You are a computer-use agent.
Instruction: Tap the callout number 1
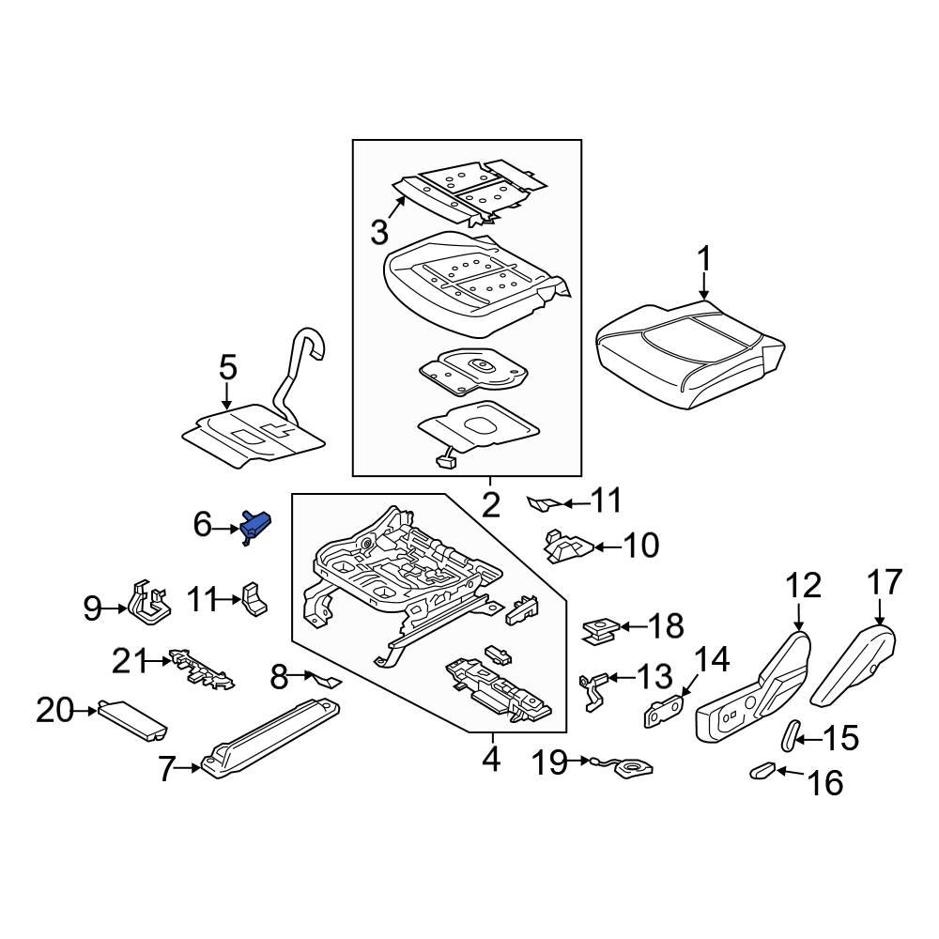(x=705, y=260)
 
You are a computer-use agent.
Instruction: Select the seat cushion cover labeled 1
(x=690, y=355)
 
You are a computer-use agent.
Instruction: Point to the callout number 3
(x=379, y=232)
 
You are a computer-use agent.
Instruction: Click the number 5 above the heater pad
(x=228, y=367)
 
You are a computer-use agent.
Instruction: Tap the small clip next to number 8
(x=324, y=679)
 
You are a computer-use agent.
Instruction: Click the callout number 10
(x=640, y=545)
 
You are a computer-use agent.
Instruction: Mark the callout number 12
(x=803, y=586)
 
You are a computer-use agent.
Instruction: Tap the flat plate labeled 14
(x=664, y=712)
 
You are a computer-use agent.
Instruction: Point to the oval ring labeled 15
(x=791, y=735)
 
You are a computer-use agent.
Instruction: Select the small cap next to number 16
(x=762, y=771)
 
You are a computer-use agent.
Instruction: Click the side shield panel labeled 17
(x=854, y=666)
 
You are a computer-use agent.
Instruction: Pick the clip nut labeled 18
(x=601, y=631)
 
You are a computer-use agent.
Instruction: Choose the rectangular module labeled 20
(x=132, y=720)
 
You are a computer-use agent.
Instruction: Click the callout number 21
(x=130, y=661)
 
